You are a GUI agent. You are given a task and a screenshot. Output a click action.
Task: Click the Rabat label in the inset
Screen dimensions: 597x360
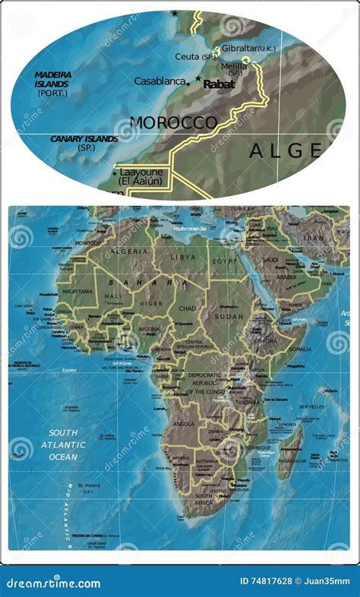point(219,84)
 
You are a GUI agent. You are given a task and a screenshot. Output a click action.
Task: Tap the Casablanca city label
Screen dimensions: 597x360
point(161,81)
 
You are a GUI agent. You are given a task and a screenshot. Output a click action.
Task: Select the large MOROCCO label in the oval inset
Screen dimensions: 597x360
point(173,122)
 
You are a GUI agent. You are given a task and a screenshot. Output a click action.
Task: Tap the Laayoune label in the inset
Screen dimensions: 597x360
point(141,172)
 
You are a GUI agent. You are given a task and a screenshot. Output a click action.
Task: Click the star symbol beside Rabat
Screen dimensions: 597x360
point(198,78)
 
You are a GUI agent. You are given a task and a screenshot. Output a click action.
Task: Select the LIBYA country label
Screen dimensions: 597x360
point(183,257)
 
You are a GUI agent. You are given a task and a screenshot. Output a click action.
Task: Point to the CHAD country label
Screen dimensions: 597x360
point(187,308)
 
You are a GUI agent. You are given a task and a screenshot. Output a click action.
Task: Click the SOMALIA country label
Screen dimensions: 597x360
point(299,349)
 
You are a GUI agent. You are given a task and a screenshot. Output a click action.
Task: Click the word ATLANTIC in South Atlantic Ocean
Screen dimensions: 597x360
point(63,445)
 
